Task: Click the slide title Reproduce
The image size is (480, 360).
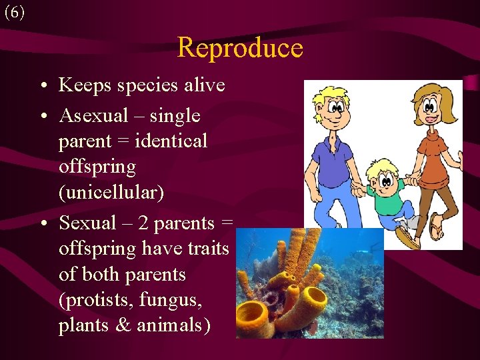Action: pyautogui.click(x=240, y=48)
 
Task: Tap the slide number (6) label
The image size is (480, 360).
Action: pyautogui.click(x=14, y=13)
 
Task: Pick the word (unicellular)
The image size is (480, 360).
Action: pyautogui.click(x=111, y=193)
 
